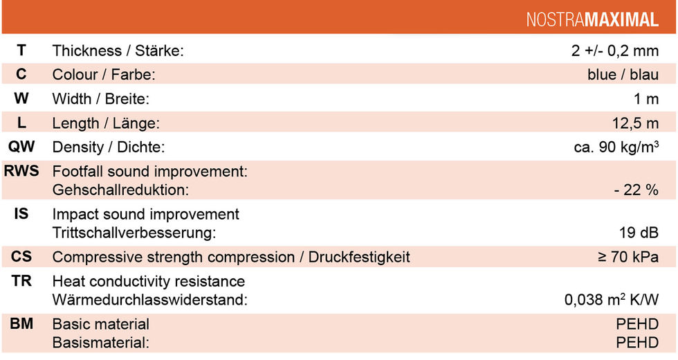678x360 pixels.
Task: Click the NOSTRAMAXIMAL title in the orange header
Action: pos(592,19)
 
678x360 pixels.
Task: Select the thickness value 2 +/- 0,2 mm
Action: pos(615,51)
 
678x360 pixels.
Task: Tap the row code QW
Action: pos(21,147)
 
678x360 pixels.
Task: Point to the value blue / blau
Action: pos(623,75)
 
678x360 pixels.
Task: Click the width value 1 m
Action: pos(646,99)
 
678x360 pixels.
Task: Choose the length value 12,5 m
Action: pos(636,123)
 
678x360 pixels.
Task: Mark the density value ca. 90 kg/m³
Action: pos(616,147)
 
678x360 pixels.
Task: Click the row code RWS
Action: pos(21,171)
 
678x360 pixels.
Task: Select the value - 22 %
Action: pos(636,190)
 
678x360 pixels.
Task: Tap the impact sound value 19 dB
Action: pos(639,233)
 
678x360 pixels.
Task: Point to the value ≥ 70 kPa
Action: pos(628,257)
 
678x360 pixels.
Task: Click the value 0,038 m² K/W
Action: pos(612,299)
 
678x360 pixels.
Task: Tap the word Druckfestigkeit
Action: pos(359,257)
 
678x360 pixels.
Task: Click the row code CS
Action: pos(21,257)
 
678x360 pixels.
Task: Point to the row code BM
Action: pos(21,324)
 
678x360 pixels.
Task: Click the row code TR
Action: pos(21,281)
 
